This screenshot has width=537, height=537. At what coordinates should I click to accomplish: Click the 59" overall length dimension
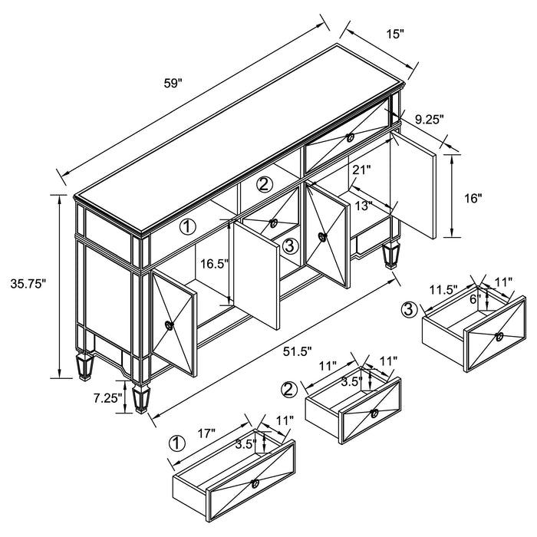point(173,83)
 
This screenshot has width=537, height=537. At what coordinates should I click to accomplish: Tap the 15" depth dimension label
point(395,34)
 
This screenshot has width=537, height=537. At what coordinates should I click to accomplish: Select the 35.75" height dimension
point(28,284)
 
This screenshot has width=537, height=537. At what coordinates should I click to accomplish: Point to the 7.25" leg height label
point(107,398)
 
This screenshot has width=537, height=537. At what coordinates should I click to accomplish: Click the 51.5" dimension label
point(298,351)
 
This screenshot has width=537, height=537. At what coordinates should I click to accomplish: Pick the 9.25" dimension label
point(430,119)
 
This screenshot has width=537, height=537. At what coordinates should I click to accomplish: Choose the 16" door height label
point(473,198)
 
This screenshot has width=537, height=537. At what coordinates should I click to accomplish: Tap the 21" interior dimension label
point(362,170)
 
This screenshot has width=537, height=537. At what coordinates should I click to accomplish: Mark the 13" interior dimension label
point(364,206)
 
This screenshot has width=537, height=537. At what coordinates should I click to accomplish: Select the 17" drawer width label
point(206,433)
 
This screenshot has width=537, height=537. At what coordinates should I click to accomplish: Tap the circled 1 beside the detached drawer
point(177,444)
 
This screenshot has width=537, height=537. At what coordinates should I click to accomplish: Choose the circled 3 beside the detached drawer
point(409,310)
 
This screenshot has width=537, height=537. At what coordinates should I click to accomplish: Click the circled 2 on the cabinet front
point(265,185)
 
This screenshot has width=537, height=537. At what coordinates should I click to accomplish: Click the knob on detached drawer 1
point(255,484)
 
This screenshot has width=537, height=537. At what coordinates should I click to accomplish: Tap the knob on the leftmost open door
point(170,325)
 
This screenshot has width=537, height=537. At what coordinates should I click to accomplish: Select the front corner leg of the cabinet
point(141,398)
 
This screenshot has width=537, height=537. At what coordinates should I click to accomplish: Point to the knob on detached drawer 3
point(499,337)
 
